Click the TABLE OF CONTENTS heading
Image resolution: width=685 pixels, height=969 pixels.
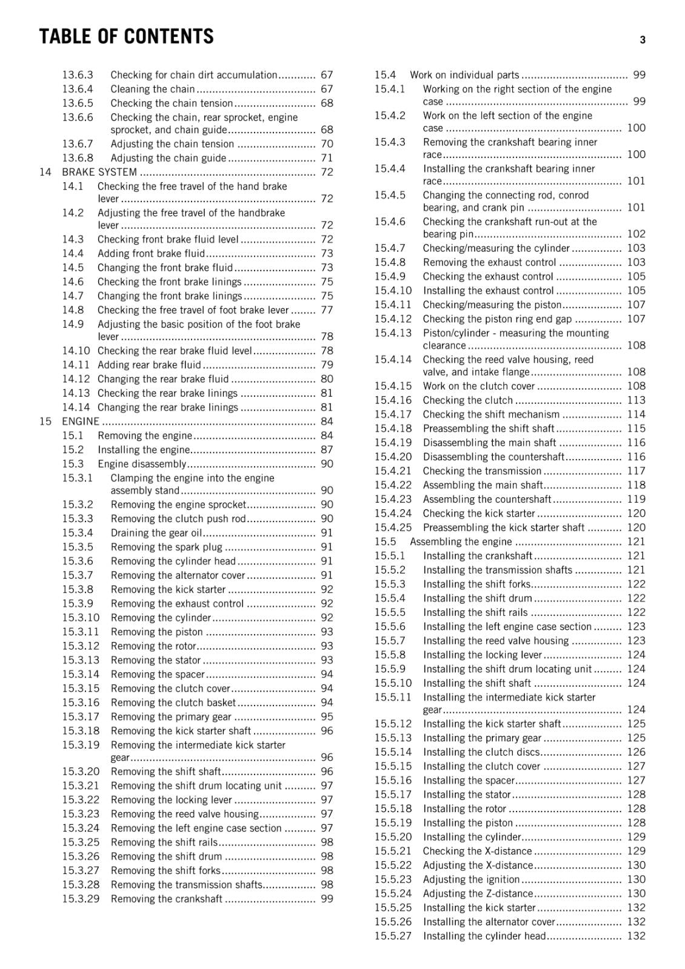click(x=126, y=36)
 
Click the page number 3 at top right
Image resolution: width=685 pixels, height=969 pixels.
click(x=642, y=40)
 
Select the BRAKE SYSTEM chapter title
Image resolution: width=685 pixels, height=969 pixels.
click(x=99, y=172)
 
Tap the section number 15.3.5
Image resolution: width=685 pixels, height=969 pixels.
click(x=77, y=547)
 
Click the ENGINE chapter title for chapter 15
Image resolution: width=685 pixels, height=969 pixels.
click(x=81, y=421)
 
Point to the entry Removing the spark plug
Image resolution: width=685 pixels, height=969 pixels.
click(x=167, y=547)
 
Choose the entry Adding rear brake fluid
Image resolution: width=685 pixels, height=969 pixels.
click(x=149, y=365)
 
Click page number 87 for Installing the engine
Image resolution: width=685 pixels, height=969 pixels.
click(x=327, y=449)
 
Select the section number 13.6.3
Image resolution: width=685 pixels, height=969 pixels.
click(x=77, y=75)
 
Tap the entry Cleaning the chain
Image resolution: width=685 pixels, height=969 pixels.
click(x=153, y=89)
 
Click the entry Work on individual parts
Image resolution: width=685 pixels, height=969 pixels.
click(x=464, y=75)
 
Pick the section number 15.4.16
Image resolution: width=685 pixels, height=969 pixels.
click(x=392, y=400)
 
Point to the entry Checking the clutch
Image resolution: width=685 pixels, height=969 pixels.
click(x=468, y=400)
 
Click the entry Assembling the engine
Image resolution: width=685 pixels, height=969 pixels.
click(x=461, y=541)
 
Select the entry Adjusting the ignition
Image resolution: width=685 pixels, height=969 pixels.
click(x=471, y=879)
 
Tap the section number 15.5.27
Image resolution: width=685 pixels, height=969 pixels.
click(x=392, y=936)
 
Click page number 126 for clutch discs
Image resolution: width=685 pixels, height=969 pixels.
click(x=636, y=752)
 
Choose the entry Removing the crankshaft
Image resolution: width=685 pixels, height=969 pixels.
click(x=167, y=899)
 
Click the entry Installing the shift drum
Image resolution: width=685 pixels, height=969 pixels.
click(x=478, y=598)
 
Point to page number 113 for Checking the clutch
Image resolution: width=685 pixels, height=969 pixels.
click(x=636, y=400)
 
